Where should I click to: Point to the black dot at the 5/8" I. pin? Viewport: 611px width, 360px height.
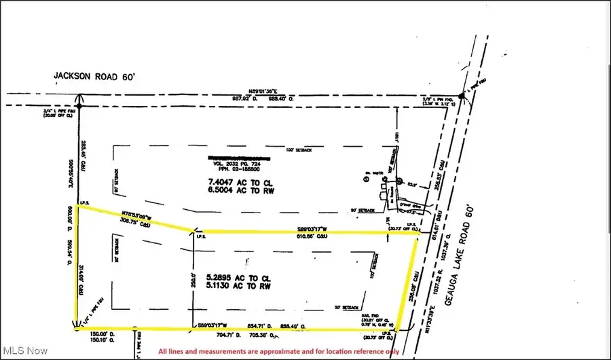461,98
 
